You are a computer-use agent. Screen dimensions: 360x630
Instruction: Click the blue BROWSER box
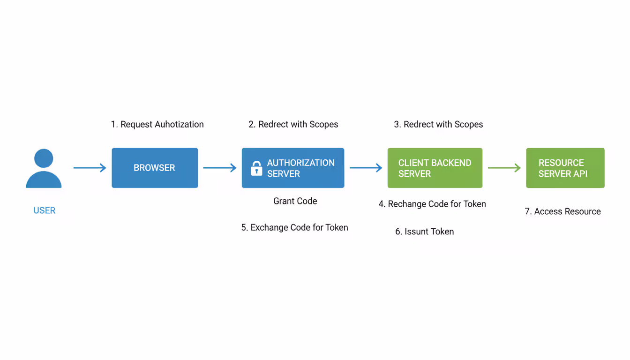(x=155, y=168)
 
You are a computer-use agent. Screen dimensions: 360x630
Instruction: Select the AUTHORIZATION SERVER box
(x=293, y=168)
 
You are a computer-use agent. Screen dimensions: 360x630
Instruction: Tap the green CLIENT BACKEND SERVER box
(x=435, y=168)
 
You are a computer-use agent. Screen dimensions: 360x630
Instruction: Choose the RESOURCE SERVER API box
(x=565, y=168)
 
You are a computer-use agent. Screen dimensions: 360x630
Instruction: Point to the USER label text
(x=45, y=210)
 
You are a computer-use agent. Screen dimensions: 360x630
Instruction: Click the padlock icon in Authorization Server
(x=256, y=168)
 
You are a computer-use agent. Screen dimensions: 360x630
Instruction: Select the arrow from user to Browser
(x=90, y=168)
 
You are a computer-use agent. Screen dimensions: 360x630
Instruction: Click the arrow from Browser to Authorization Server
(x=219, y=168)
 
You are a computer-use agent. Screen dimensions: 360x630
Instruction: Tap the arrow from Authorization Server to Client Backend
(x=366, y=168)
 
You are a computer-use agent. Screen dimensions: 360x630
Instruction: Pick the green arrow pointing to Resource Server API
(x=504, y=168)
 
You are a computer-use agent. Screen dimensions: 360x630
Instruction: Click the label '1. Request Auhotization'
(x=157, y=124)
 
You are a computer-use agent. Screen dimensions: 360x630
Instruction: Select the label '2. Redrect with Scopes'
(x=293, y=124)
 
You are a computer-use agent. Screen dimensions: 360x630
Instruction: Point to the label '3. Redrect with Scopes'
(x=438, y=124)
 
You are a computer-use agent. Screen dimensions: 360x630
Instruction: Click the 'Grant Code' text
(x=295, y=201)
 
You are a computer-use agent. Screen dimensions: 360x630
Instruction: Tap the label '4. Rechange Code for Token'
(x=432, y=204)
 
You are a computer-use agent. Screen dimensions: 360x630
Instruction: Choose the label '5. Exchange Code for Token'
(x=295, y=227)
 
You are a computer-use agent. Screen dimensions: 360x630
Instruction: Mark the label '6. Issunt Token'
(x=425, y=232)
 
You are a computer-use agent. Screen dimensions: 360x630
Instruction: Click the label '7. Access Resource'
(x=562, y=211)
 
